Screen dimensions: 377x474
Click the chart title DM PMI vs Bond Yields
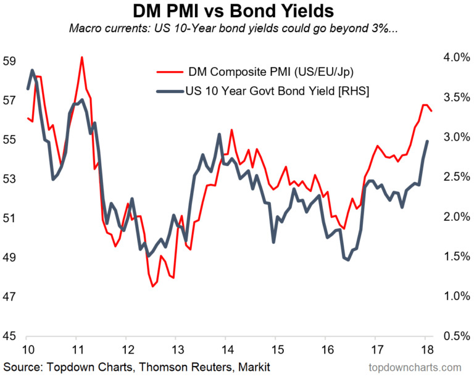(236, 12)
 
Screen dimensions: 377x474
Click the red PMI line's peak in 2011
(81, 57)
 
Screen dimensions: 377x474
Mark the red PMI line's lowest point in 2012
(152, 286)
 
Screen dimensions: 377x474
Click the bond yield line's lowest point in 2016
(348, 260)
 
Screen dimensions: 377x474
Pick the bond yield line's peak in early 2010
(32, 70)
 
